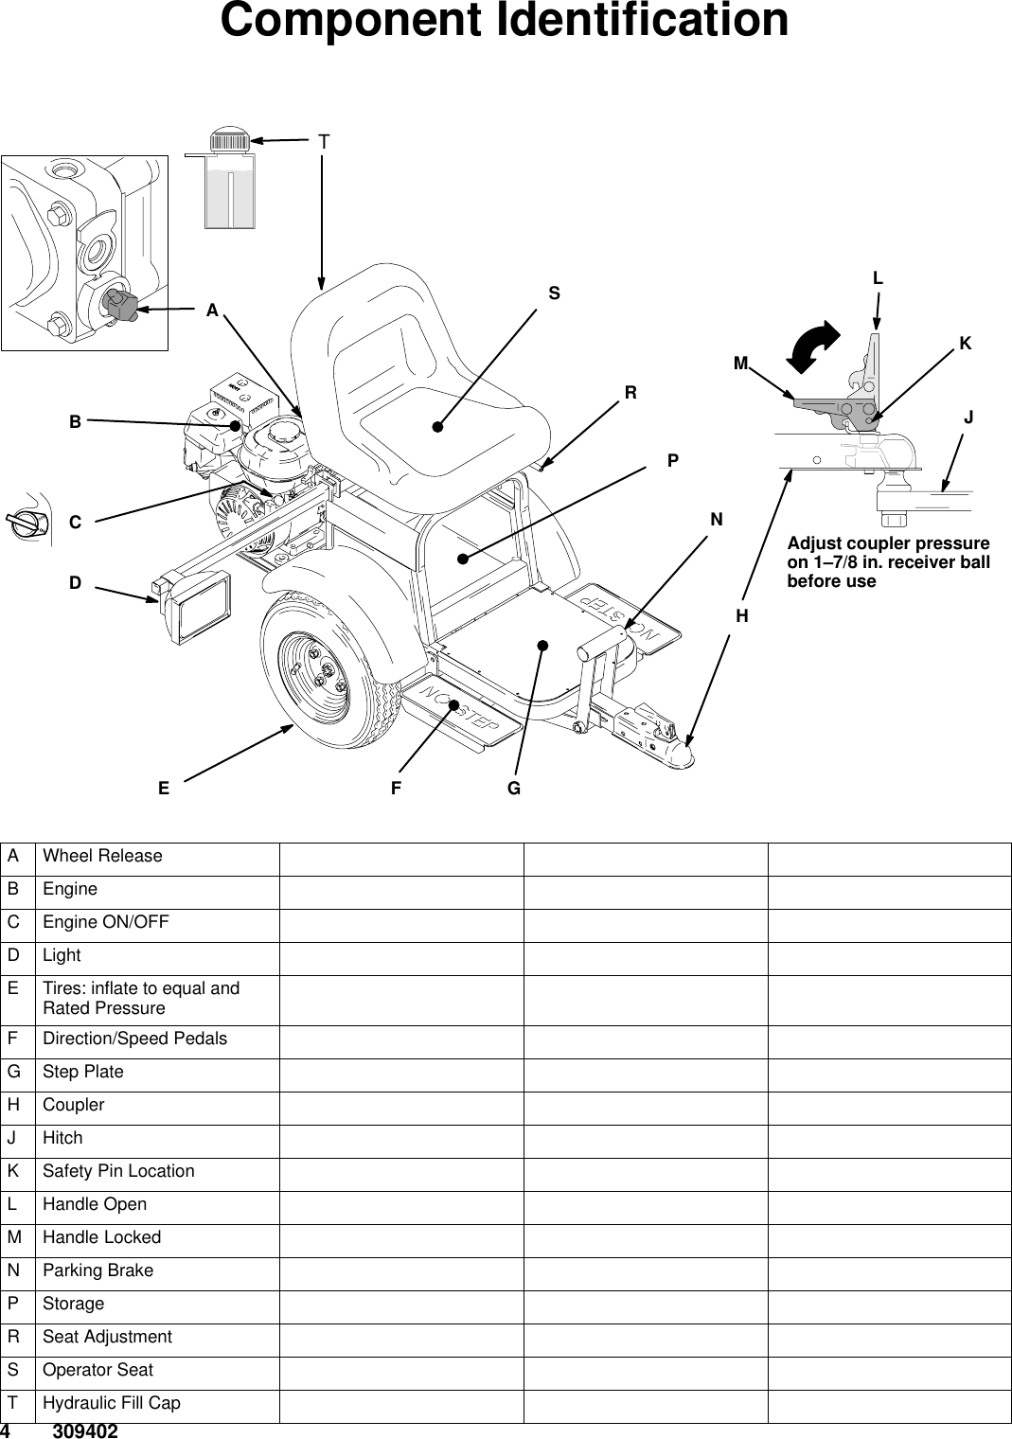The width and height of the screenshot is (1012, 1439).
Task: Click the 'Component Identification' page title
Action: (x=504, y=21)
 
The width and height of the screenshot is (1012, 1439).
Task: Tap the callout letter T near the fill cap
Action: (x=324, y=142)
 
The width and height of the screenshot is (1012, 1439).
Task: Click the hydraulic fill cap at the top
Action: (x=229, y=141)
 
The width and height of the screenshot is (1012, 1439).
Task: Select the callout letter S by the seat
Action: (x=555, y=293)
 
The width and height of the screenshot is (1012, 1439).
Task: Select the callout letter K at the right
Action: (x=965, y=344)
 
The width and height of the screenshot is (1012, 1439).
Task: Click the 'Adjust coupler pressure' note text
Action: (x=888, y=561)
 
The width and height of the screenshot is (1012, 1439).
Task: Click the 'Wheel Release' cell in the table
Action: (x=103, y=856)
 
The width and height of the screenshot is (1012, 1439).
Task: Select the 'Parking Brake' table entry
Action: (x=98, y=1270)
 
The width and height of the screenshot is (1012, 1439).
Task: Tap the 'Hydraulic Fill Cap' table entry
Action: (x=112, y=1403)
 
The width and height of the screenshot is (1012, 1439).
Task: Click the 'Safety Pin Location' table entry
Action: (x=119, y=1171)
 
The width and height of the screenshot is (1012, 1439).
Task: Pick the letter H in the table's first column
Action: (x=13, y=1105)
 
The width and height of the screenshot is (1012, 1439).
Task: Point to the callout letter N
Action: (x=717, y=520)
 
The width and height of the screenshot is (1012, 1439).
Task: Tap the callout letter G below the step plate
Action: (x=513, y=788)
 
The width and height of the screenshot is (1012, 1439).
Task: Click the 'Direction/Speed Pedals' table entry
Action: (x=135, y=1039)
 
